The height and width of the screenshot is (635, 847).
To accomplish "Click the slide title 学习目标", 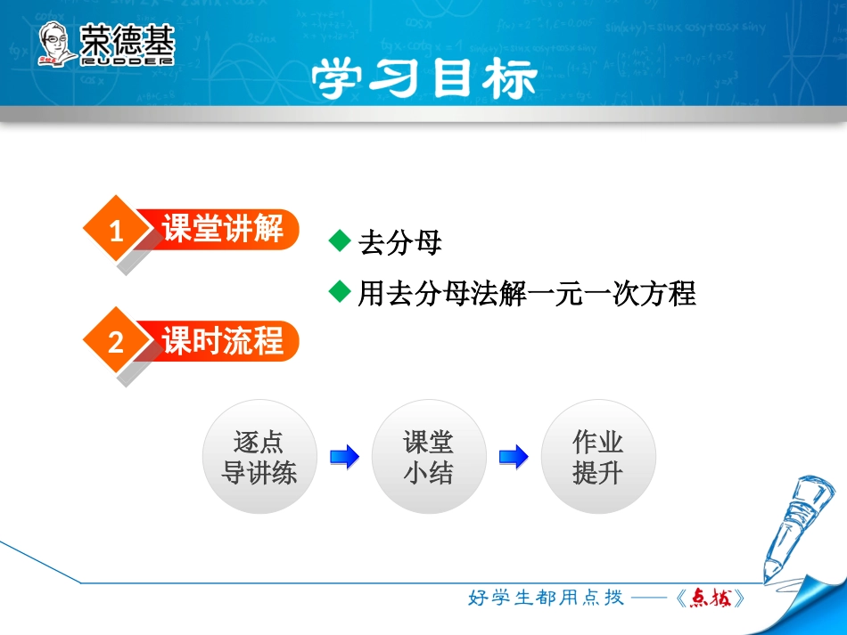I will click(423, 79).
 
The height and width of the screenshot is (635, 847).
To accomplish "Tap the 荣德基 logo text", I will click(127, 39).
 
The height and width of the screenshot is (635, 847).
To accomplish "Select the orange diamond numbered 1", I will click(115, 232).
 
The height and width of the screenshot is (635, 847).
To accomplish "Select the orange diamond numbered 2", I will click(115, 342).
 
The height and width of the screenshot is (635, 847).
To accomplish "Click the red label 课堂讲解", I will click(223, 230).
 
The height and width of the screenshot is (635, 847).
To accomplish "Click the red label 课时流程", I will click(223, 341).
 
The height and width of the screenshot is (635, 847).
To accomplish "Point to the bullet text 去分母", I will click(399, 243).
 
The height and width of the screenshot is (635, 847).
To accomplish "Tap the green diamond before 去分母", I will click(339, 240).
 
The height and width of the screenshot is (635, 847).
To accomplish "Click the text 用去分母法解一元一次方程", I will click(526, 293).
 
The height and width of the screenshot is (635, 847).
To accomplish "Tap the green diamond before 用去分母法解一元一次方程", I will click(339, 291).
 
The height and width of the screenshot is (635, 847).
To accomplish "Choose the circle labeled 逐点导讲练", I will click(259, 457).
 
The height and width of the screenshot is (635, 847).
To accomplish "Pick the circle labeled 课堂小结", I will click(429, 457).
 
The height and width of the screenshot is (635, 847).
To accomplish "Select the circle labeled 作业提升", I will click(597, 457).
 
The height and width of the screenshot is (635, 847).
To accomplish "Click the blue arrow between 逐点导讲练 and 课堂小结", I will click(344, 457).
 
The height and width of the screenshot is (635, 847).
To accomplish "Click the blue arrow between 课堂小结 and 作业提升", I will click(514, 457).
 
